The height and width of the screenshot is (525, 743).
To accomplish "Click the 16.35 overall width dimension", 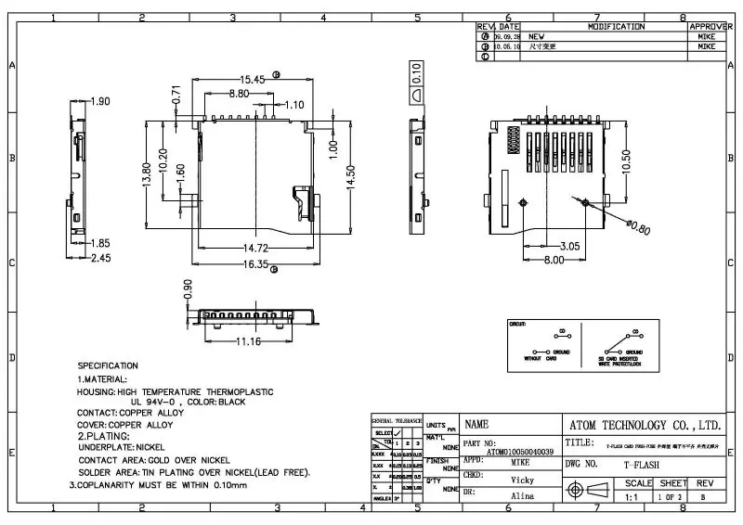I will tap(256, 264).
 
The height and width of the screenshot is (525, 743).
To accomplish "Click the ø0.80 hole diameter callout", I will tap(638, 226).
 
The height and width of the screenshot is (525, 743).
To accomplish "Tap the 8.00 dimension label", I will tap(554, 261).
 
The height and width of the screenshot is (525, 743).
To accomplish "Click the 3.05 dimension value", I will tap(568, 246).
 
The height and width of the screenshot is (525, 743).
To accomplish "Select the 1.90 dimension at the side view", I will tap(99, 101).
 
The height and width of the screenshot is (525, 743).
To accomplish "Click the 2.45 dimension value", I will tap(100, 258).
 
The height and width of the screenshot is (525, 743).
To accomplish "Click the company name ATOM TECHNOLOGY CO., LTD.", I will tap(643, 425).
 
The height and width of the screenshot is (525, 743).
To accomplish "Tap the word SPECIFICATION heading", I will tap(108, 365).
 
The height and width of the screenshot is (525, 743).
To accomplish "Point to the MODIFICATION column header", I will tap(615, 27).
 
